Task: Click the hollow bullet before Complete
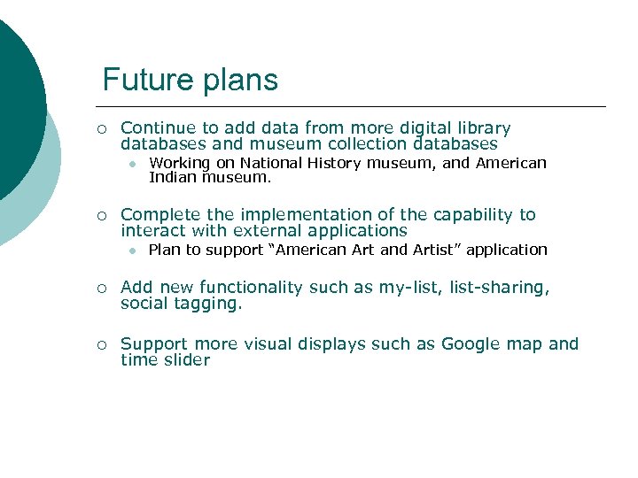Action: click(x=102, y=216)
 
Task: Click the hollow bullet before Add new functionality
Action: click(x=102, y=289)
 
